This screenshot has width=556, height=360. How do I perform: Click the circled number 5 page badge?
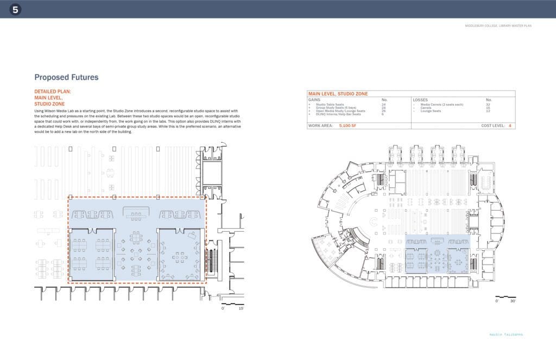[15, 9]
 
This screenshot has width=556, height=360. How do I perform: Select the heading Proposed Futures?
[66, 78]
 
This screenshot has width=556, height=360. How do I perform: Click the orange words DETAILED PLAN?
[52, 92]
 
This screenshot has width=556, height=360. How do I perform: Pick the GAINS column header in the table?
[315, 100]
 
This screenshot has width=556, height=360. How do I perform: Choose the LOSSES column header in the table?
[421, 100]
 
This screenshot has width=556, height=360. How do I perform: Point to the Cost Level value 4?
[509, 125]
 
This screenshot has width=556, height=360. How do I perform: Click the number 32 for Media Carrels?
[488, 104]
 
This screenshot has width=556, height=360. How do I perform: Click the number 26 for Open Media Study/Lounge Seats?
[384, 111]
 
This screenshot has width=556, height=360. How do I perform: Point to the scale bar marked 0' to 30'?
[506, 298]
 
